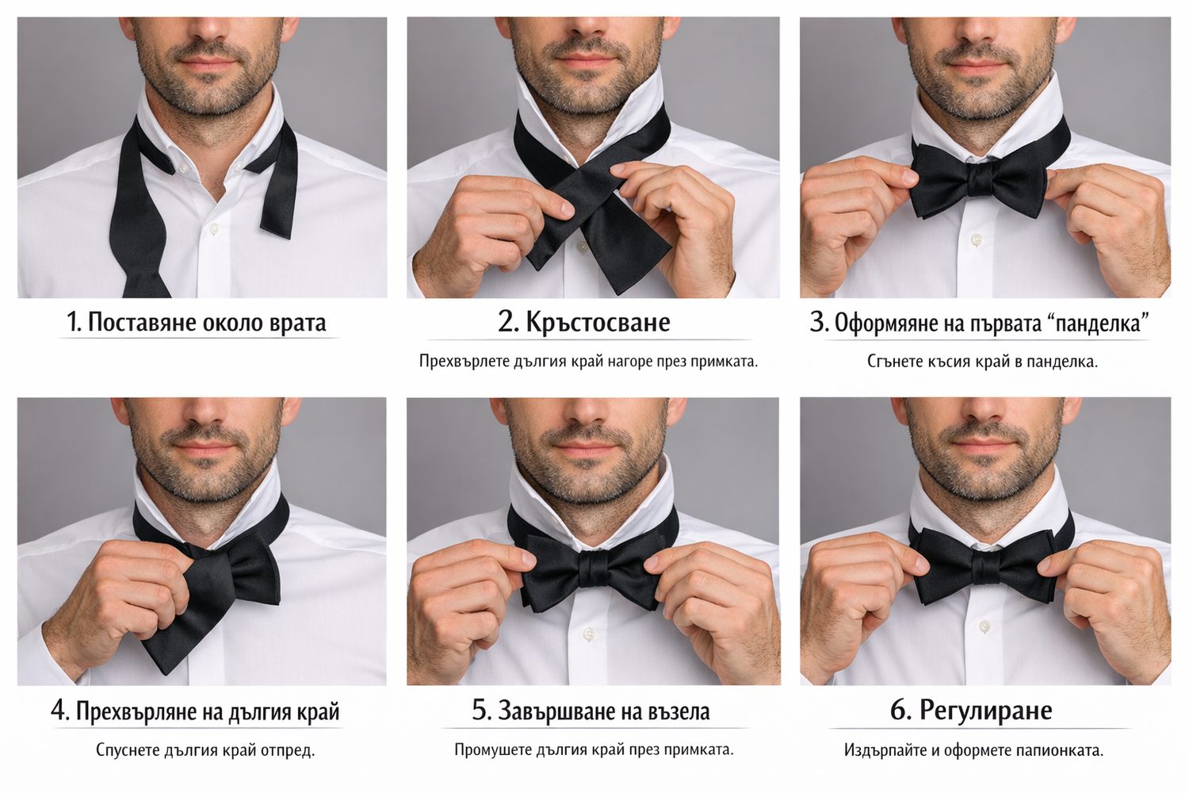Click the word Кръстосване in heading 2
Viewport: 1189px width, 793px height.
(x=598, y=322)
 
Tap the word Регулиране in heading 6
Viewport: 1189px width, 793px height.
(x=986, y=711)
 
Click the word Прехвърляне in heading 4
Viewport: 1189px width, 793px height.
(x=136, y=712)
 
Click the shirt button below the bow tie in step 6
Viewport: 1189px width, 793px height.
(x=984, y=626)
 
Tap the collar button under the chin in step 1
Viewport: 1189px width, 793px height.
(x=184, y=168)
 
